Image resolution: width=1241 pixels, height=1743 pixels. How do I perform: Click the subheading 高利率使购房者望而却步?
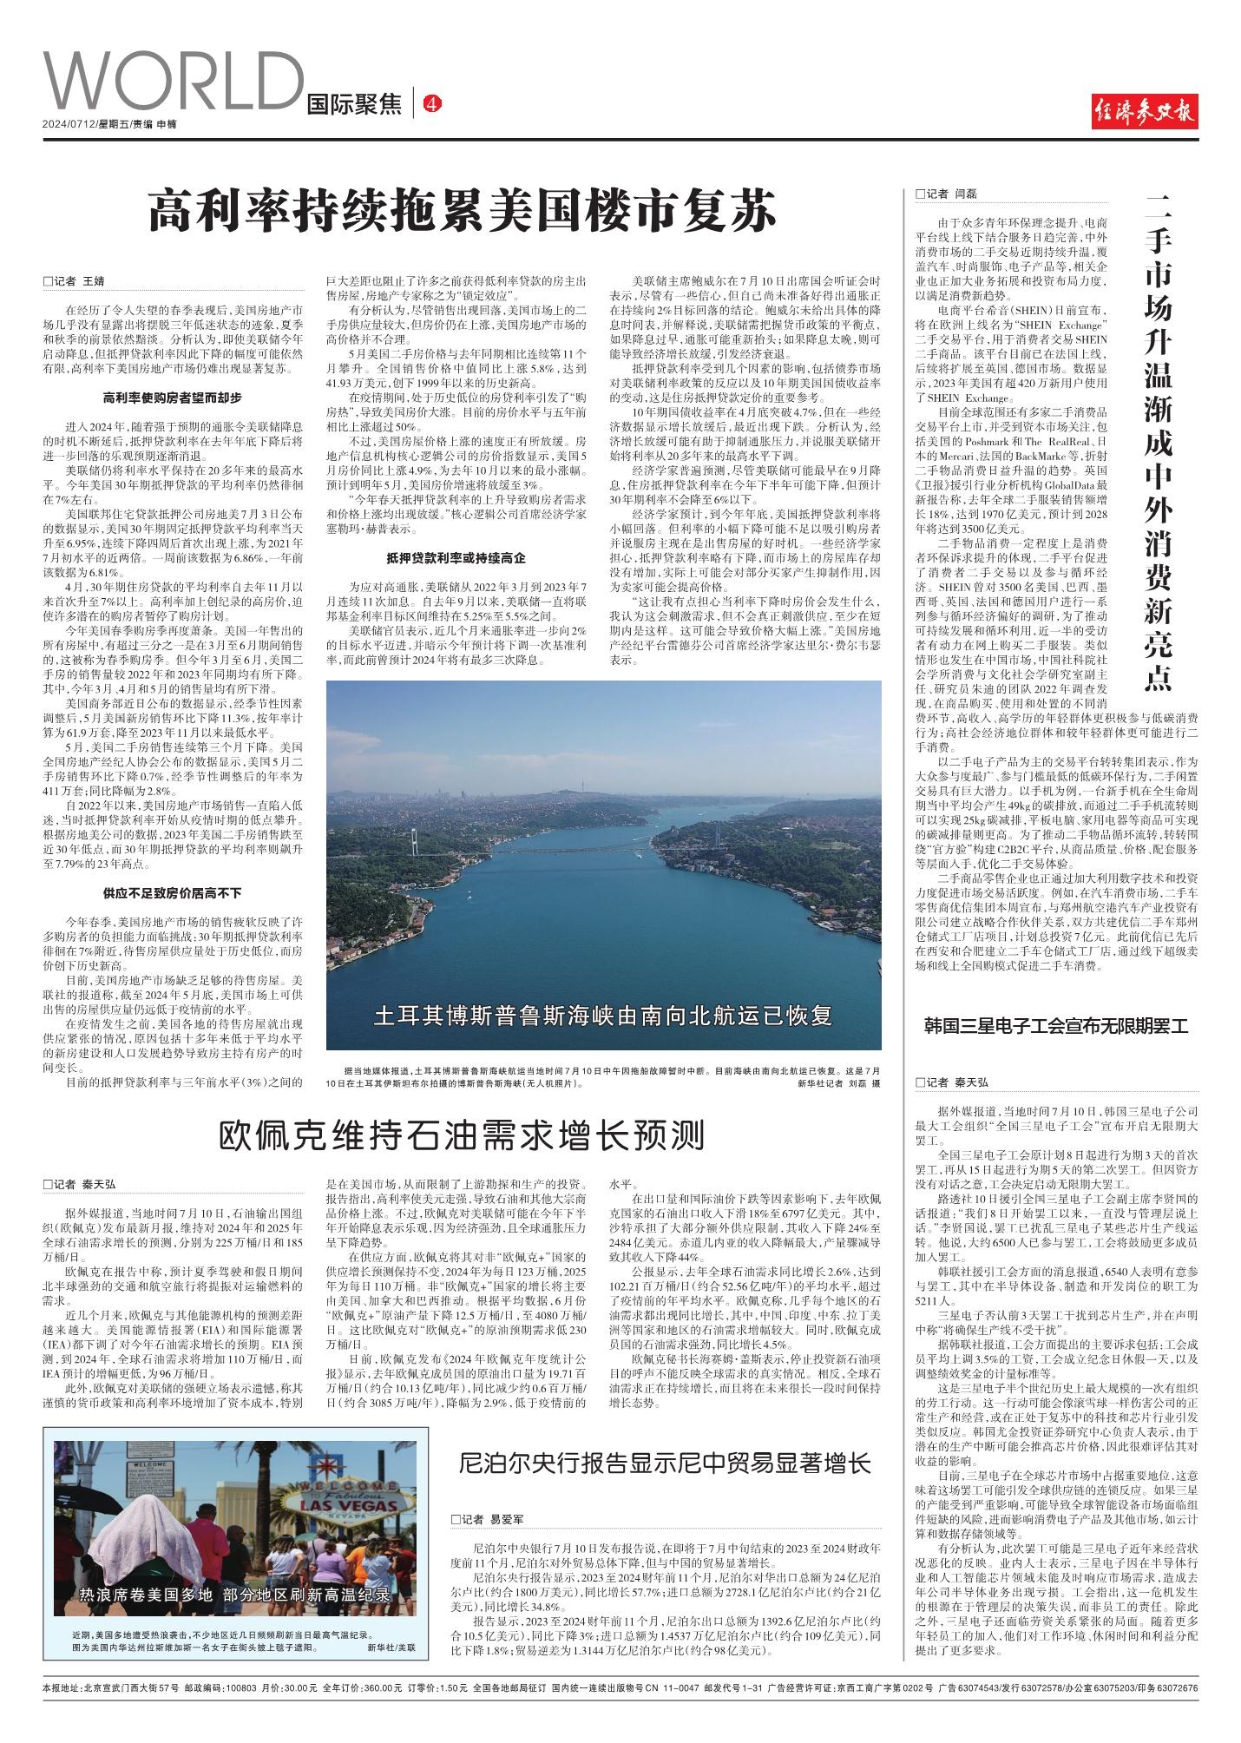coord(173,398)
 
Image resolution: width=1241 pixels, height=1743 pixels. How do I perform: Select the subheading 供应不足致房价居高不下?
coord(173,893)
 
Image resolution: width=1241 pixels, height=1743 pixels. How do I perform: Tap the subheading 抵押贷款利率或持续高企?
coord(456,557)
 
